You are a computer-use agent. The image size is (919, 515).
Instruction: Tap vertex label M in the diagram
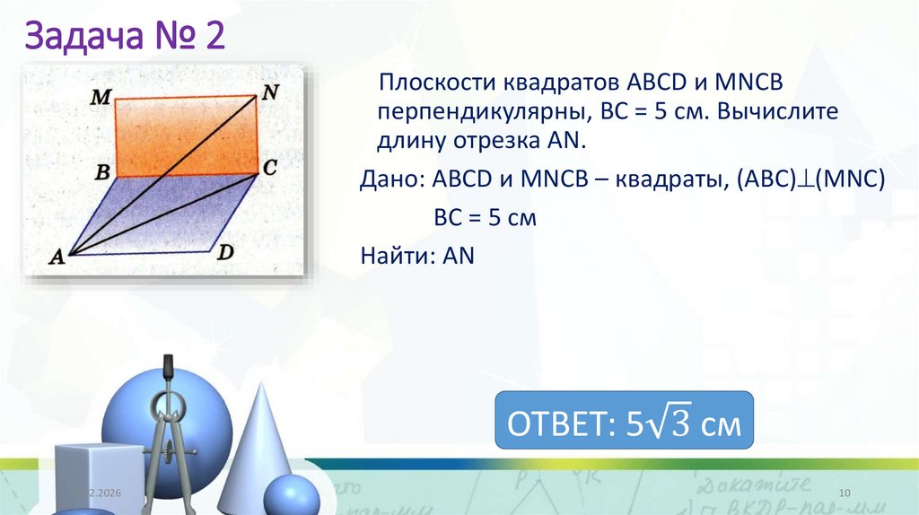[x=100, y=97]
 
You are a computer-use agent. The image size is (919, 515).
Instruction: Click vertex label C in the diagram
[x=270, y=167]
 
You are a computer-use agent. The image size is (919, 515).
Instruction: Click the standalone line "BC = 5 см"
[x=485, y=217]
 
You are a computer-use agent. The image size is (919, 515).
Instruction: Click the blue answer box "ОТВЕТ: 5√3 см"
[x=624, y=421]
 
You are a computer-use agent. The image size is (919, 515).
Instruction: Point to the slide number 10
[x=844, y=493]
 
